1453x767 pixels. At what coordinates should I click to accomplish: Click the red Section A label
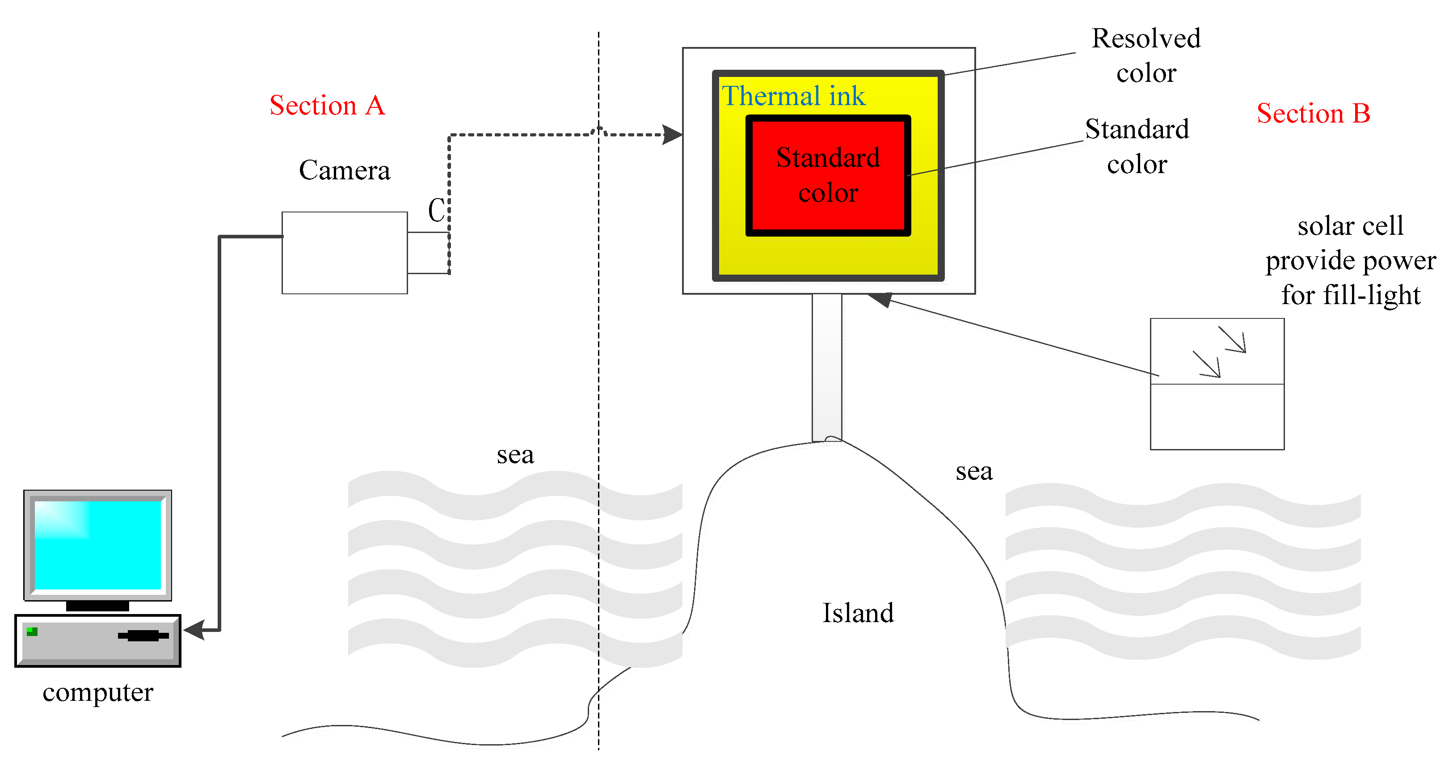[x=327, y=106]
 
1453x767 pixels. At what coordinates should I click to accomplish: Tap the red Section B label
[x=1313, y=114]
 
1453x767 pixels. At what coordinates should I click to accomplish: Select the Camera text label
[x=344, y=170]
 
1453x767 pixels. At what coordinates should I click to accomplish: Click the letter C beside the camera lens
[x=436, y=211]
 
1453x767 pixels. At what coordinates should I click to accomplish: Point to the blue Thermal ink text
[x=793, y=96]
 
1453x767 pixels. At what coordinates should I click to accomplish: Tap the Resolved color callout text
[x=1146, y=55]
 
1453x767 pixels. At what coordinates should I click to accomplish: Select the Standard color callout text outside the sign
[x=1137, y=147]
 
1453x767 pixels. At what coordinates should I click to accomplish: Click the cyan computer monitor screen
[x=97, y=545]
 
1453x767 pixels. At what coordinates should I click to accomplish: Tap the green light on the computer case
[x=32, y=631]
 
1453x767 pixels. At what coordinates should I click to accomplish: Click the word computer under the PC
[x=97, y=692]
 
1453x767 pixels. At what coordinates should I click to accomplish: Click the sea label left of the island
[x=515, y=455]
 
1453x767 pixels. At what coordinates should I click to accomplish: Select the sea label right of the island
[x=973, y=472]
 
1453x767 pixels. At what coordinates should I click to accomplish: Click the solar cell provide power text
[x=1350, y=260]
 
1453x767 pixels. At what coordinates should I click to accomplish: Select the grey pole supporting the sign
[x=826, y=367]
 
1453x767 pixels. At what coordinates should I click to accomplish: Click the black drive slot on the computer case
[x=143, y=636]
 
